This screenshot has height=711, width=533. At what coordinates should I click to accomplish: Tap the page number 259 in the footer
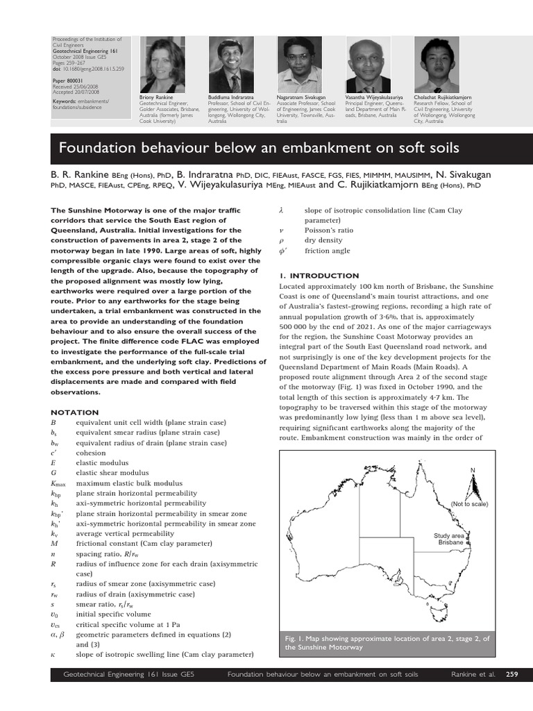(x=512, y=674)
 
